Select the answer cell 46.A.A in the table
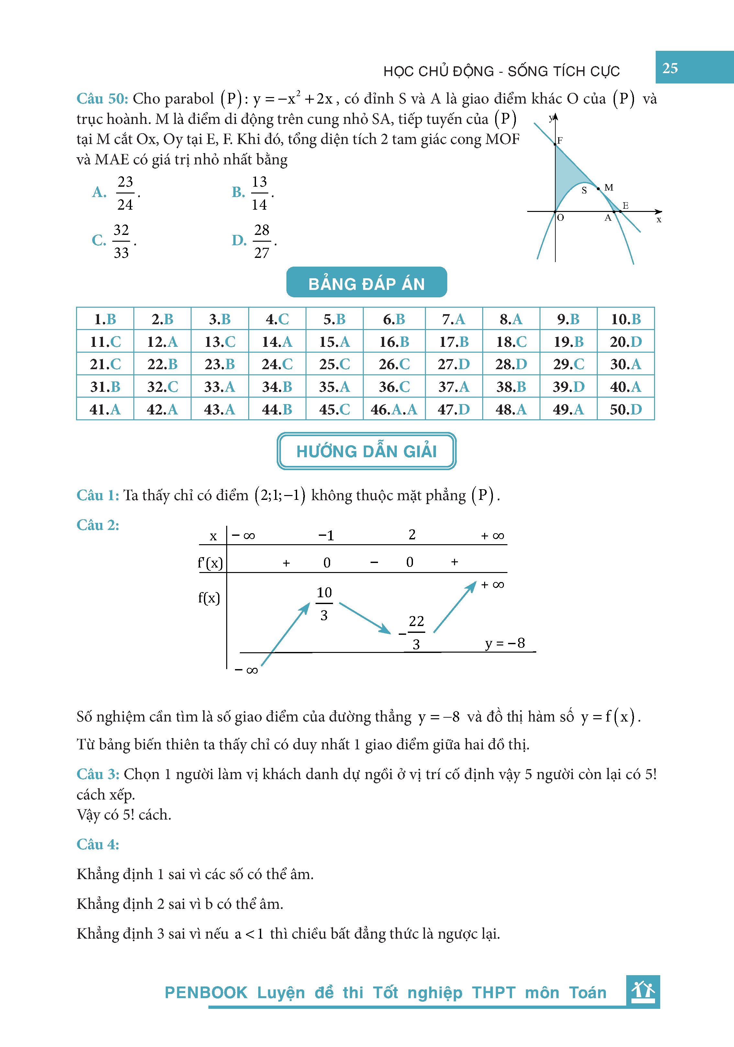click(x=394, y=409)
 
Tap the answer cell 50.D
click(x=626, y=409)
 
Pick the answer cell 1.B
click(x=105, y=319)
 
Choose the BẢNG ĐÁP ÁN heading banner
click(x=366, y=283)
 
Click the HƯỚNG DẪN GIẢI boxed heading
click(x=366, y=451)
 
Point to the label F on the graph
click(x=560, y=140)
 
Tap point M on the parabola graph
click(x=598, y=188)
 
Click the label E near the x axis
click(x=626, y=206)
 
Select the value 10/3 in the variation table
click(x=324, y=603)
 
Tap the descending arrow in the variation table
click(x=365, y=618)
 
